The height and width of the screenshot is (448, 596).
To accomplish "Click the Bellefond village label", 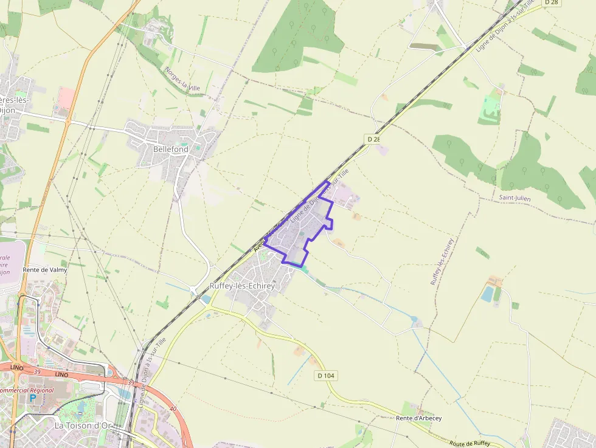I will click(170, 149).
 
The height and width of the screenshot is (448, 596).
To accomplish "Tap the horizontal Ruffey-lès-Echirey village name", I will click(242, 286).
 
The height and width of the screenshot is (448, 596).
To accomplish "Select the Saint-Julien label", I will click(515, 198).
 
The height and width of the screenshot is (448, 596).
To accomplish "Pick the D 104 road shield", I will click(326, 376).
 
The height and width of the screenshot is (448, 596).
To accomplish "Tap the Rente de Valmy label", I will click(44, 269).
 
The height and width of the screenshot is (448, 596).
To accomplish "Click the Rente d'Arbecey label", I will click(418, 418).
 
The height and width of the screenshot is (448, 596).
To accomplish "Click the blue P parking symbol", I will click(32, 399).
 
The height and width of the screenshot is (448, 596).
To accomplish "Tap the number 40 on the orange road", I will click(173, 408).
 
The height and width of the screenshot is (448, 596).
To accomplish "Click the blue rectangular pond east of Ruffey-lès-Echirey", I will click(487, 294).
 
